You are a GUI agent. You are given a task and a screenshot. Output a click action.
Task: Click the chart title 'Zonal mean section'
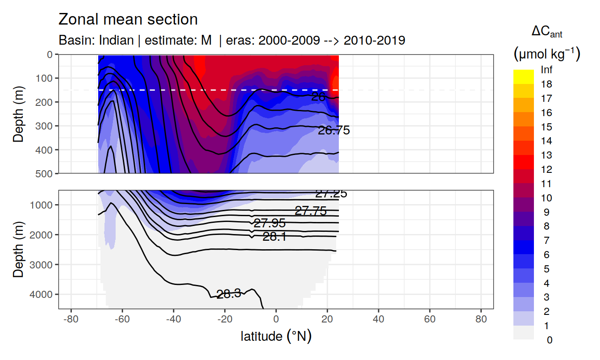pyautogui.click(x=128, y=20)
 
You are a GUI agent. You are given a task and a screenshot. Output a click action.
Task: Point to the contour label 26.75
pyautogui.click(x=333, y=130)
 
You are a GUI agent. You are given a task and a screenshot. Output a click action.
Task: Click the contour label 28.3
pyautogui.click(x=229, y=293)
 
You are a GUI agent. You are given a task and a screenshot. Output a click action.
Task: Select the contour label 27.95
pyautogui.click(x=269, y=223)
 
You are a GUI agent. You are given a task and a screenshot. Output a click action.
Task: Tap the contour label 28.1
pyautogui.click(x=274, y=237)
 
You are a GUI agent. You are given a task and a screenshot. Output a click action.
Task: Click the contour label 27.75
pyautogui.click(x=311, y=211)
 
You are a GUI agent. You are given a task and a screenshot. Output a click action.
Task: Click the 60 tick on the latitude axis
pyautogui.click(x=429, y=320)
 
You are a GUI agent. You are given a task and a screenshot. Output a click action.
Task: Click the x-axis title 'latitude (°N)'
pyautogui.click(x=276, y=336)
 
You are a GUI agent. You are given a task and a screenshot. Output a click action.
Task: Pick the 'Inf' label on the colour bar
pyautogui.click(x=547, y=70)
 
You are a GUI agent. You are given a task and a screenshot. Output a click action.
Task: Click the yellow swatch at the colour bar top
pyautogui.click(x=523, y=76)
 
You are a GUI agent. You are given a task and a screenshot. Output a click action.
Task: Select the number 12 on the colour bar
pyautogui.click(x=546, y=170)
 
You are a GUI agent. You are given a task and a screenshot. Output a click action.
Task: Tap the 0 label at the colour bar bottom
pyautogui.click(x=549, y=340)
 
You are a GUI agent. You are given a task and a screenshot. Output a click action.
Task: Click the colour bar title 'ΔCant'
pyautogui.click(x=546, y=32)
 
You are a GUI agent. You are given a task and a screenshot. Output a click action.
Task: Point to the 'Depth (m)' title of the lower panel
pyautogui.click(x=18, y=249)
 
